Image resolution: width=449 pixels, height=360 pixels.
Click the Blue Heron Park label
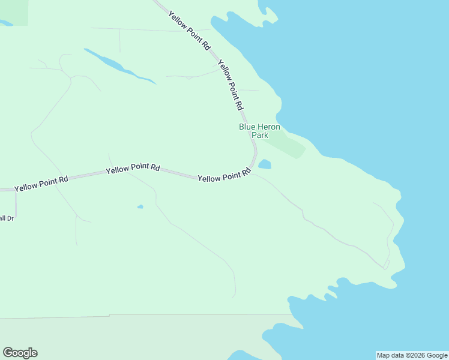(259, 131)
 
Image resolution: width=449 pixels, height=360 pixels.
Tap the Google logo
(20, 353)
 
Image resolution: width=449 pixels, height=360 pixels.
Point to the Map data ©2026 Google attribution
(412, 355)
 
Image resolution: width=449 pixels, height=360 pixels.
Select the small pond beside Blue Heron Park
(265, 164)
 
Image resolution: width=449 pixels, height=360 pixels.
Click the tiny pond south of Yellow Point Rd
(140, 207)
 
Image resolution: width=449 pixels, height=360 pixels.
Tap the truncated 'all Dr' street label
(7, 218)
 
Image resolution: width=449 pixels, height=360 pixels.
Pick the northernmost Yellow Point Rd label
(190, 30)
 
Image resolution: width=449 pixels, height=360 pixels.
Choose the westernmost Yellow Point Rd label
(41, 184)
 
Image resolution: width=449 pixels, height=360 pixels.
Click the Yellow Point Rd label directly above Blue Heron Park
(231, 85)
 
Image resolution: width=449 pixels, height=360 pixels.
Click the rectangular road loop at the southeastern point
(387, 264)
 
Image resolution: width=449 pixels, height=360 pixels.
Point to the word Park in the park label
(260, 136)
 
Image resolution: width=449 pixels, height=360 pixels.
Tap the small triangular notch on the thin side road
(188, 77)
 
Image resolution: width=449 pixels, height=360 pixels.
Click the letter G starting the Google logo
(8, 353)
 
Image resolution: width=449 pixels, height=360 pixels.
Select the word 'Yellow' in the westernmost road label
(26, 187)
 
